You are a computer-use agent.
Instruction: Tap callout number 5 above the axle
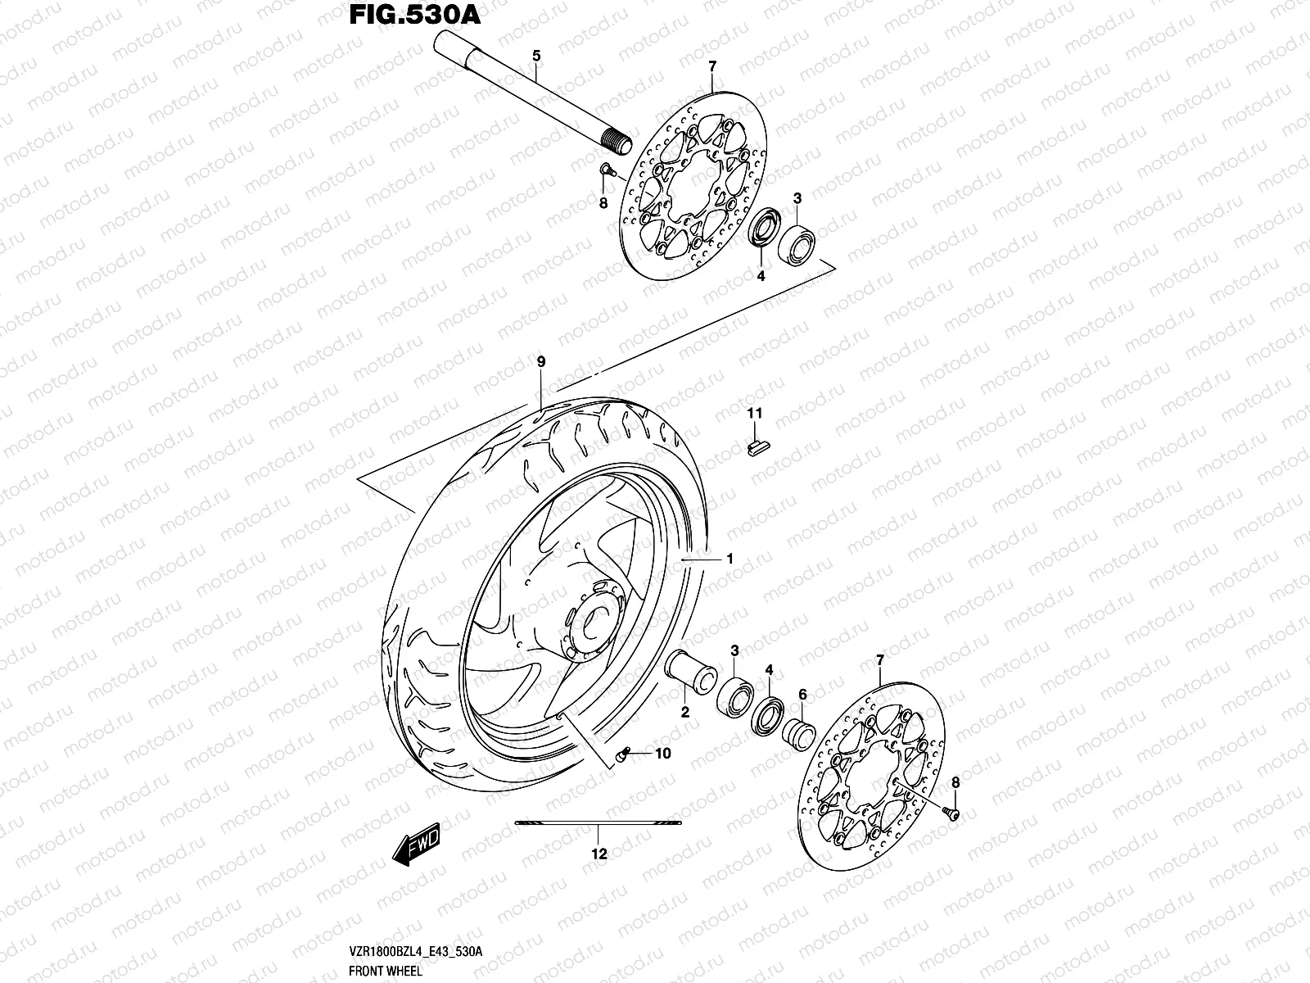click(536, 56)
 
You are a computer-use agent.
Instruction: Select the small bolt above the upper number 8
click(606, 170)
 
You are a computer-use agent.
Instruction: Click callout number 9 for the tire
click(540, 361)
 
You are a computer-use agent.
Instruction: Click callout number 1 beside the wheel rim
click(729, 559)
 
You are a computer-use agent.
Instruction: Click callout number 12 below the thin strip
click(599, 854)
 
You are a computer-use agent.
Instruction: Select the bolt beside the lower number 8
click(951, 813)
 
